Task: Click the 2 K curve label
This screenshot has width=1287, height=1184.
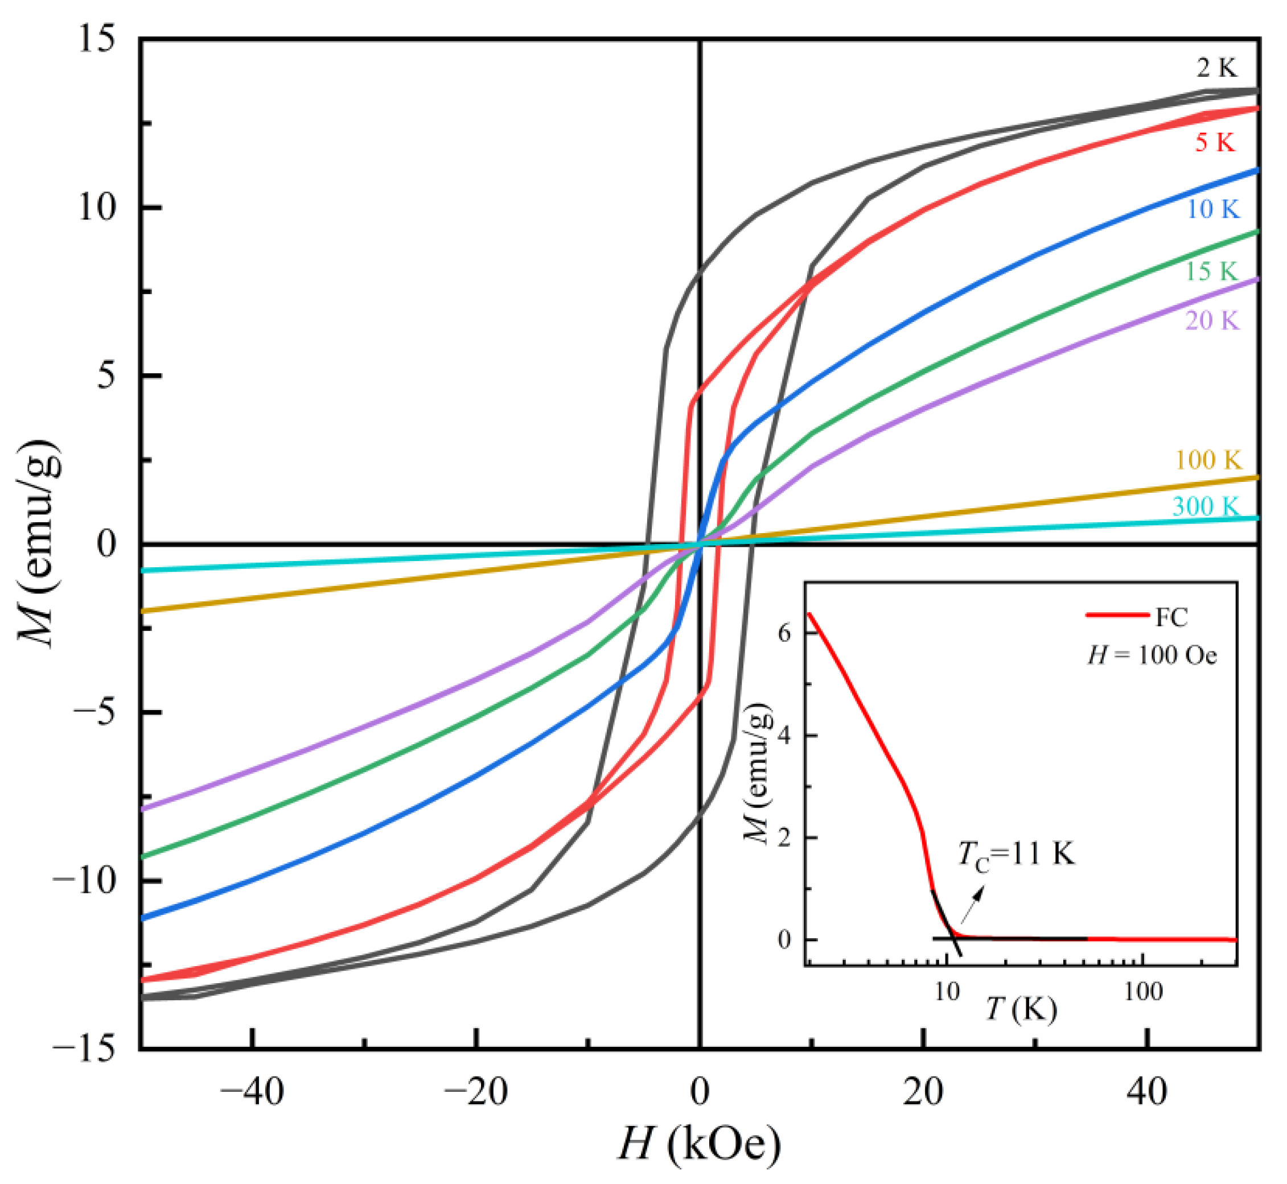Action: (1216, 68)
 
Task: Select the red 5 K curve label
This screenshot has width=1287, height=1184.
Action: (1215, 142)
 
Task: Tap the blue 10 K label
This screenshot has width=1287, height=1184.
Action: (1212, 209)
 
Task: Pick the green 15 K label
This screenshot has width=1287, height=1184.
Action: (1211, 271)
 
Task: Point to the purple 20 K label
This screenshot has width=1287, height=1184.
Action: (1211, 320)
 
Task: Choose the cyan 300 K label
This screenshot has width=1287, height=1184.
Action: (1206, 507)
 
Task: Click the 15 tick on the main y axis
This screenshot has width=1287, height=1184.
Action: (97, 40)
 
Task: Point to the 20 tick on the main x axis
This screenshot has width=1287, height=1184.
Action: (923, 1092)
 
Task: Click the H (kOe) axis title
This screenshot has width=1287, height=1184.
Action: (699, 1144)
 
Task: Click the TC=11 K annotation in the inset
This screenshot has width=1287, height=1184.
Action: (1016, 855)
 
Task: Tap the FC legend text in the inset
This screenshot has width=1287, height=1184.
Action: (1171, 617)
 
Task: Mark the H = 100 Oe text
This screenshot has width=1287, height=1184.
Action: (1152, 655)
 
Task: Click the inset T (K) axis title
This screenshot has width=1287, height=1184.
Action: (1021, 1009)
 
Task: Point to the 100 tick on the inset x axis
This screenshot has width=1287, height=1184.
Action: (1144, 992)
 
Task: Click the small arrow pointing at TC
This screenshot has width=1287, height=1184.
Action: (973, 903)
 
